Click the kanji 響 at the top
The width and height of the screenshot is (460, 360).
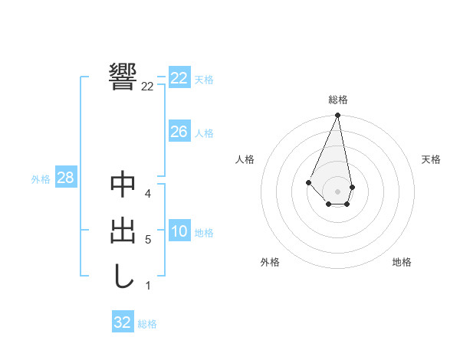coord(123,76)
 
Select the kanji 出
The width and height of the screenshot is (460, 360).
coord(123,231)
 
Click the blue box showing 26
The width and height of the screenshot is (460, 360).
coord(179,132)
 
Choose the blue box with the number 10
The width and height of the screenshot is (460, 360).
coord(179,232)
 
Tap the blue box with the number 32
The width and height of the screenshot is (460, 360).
coord(123,322)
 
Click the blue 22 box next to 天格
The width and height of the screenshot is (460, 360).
coord(179,78)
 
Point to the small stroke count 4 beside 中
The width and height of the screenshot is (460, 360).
coord(148,194)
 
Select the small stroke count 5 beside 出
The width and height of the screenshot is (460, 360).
coord(148,240)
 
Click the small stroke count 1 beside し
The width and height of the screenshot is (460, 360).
coord(148,286)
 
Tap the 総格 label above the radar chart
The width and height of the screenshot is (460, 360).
coord(338,100)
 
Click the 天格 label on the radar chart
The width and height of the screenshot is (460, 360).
coord(431,159)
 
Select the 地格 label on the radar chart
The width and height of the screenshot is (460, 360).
coord(402,262)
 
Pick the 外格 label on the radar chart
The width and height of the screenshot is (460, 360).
coord(270,262)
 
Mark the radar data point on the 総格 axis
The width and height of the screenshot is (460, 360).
coord(337,116)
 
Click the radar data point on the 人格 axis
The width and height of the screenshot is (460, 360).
coord(308,182)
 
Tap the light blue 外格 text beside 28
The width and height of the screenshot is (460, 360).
coord(41,179)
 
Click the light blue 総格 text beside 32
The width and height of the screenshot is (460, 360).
coord(147,324)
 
